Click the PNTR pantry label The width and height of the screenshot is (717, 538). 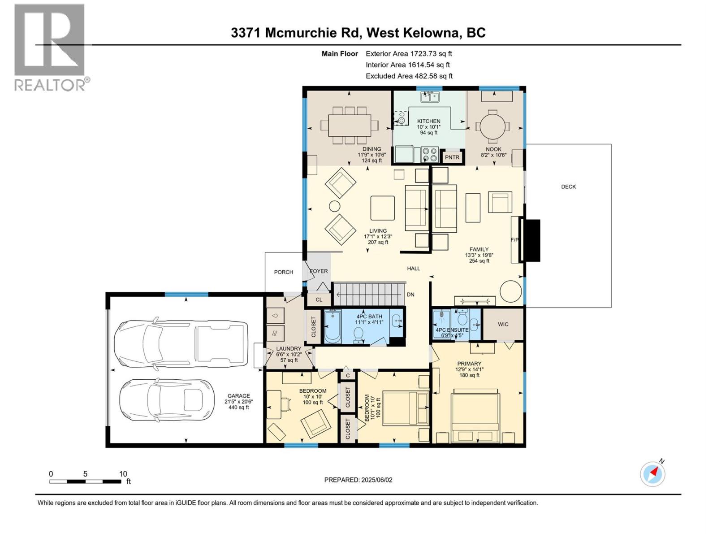click(x=452, y=157)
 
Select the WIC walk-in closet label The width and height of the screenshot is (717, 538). click(x=503, y=324)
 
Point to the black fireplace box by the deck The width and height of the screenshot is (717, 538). click(x=532, y=240)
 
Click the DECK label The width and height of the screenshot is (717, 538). click(x=568, y=187)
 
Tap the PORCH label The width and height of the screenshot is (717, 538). click(x=283, y=272)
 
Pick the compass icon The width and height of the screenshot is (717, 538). click(x=652, y=473)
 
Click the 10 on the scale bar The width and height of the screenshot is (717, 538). click(x=123, y=474)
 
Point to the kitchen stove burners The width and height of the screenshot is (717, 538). click(x=430, y=155)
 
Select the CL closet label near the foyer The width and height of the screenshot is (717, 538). click(x=319, y=299)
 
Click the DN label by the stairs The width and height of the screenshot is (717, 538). click(x=410, y=295)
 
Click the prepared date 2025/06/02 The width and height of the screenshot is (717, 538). click(x=358, y=480)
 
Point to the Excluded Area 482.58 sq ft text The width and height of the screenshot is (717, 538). click(x=409, y=76)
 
